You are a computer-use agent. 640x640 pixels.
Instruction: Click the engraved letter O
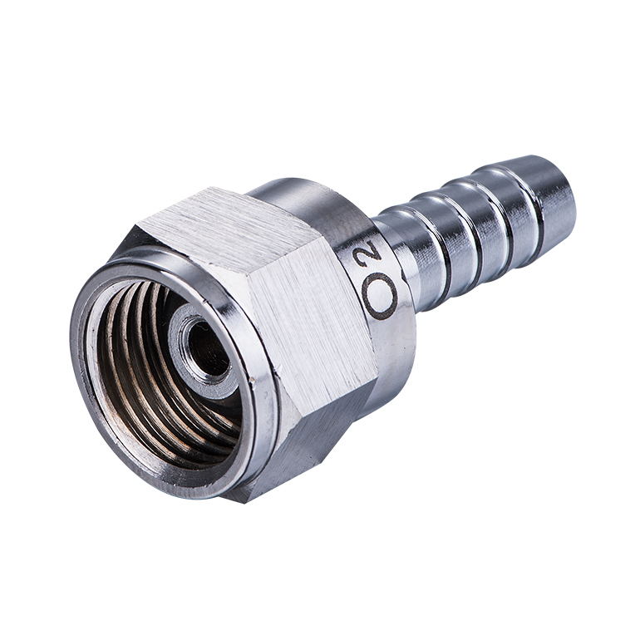coord(379,296)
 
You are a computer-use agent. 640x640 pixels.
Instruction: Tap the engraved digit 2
coord(372,250)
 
